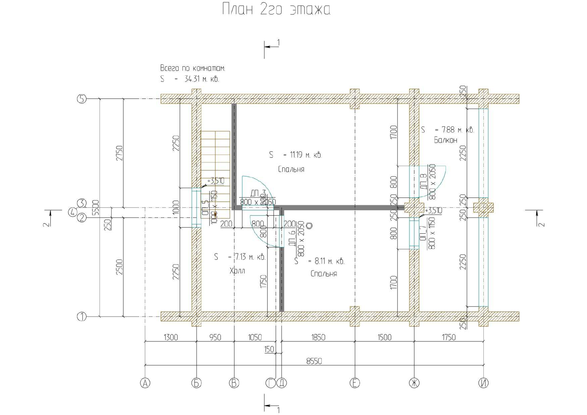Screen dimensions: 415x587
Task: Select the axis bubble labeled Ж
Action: (414, 383)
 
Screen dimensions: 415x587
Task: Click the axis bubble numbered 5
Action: (82, 99)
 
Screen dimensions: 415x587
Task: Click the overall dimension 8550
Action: (314, 361)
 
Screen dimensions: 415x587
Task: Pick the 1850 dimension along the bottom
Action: (318, 337)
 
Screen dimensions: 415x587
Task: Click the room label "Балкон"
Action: (445, 140)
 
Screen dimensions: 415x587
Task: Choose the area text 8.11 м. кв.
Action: (329, 261)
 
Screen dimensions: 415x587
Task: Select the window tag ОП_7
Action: (423, 233)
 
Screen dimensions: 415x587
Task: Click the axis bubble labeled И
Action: (483, 383)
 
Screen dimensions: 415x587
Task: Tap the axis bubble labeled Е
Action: (355, 383)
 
